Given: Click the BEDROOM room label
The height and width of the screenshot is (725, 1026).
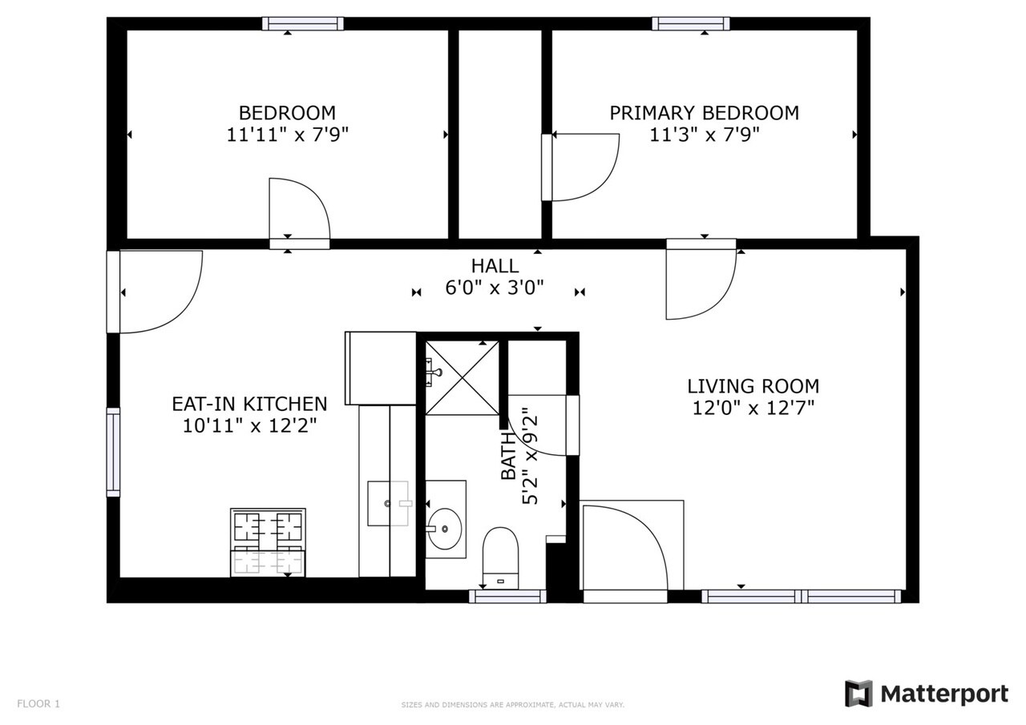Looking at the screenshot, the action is (287, 113).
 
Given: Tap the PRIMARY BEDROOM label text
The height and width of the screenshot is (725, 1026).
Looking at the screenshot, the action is (704, 113).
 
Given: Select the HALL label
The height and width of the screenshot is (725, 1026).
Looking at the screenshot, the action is (495, 266).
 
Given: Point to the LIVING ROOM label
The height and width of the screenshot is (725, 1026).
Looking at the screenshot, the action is (753, 386).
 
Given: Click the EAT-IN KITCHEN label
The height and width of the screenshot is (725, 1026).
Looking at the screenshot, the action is (249, 404).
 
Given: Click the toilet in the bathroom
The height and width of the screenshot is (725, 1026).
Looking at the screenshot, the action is (501, 558).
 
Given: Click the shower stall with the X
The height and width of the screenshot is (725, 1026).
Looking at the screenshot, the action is (461, 377).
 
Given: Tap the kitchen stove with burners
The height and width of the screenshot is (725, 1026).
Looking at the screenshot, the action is (268, 542).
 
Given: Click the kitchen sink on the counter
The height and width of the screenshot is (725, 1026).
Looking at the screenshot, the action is (389, 503).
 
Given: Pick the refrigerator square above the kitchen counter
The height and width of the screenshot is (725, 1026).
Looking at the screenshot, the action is (380, 368).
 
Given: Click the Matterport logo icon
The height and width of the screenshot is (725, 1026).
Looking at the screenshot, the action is (858, 693).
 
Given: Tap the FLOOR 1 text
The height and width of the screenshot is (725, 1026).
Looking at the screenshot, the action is (38, 704).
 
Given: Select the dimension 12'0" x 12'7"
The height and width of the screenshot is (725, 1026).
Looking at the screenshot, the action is (753, 409).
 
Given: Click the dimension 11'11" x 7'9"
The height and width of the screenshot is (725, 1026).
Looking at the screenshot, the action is (287, 135).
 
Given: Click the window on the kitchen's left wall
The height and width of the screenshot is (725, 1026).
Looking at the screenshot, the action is (113, 452).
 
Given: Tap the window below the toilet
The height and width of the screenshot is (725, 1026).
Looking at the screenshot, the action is (507, 595).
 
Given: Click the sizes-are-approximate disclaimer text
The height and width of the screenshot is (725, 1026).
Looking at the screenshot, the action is (512, 705).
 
